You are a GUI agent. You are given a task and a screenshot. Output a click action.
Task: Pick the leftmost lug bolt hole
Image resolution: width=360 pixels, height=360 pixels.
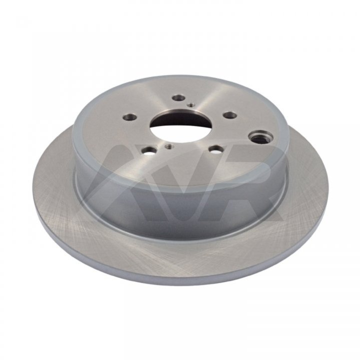129,117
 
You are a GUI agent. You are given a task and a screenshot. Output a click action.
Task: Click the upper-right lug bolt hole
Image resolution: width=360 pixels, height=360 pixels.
230,115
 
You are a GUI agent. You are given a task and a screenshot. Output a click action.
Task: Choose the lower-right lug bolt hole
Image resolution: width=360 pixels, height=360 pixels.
216,150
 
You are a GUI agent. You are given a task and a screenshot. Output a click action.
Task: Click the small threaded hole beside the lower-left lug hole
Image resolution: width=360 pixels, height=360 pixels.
169,146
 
